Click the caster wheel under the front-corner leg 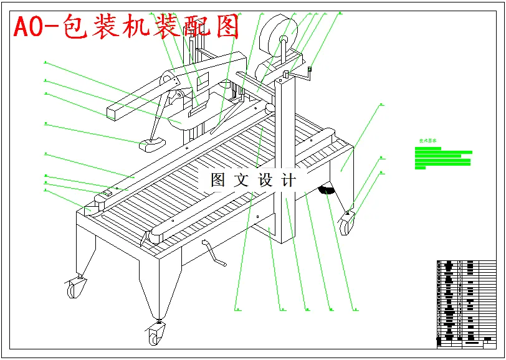(154, 336)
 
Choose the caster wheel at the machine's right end (348, 223)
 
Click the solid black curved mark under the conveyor (325, 189)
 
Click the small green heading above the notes (427, 141)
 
